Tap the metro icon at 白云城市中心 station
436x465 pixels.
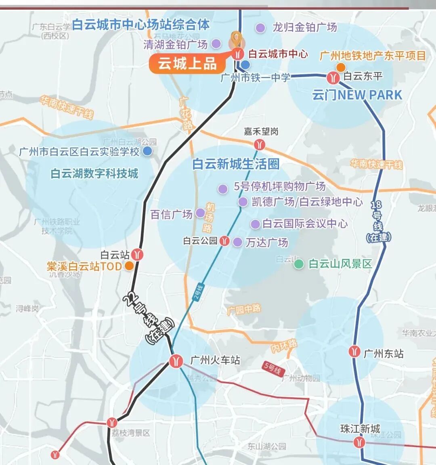(x=237, y=54)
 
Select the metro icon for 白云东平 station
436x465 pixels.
(x=333, y=77)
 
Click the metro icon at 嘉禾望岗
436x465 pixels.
(x=260, y=144)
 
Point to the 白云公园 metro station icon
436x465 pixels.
(x=224, y=241)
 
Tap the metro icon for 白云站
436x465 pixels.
(x=138, y=255)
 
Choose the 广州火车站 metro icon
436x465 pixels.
(x=176, y=361)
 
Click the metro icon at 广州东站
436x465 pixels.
(x=354, y=352)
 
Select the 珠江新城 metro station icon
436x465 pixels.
(x=358, y=442)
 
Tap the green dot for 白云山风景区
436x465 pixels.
(x=299, y=264)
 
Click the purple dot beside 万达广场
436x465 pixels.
(x=238, y=242)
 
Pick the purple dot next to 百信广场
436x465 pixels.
(x=200, y=213)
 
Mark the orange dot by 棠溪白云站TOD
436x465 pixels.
(x=129, y=266)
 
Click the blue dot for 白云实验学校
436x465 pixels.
(x=148, y=151)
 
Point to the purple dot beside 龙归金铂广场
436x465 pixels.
(x=260, y=28)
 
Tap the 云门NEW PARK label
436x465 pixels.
(x=357, y=95)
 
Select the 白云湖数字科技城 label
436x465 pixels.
(x=94, y=173)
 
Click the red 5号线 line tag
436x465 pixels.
(x=272, y=368)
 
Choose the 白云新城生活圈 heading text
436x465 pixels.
(x=236, y=164)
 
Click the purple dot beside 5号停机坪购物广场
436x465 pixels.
(x=222, y=189)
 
